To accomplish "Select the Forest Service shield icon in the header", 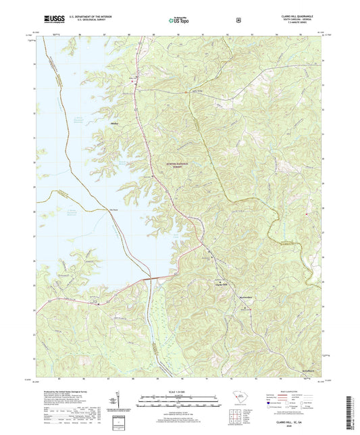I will click(x=238, y=20).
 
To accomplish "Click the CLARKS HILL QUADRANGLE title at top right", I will click(x=297, y=16).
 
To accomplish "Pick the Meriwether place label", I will click(x=245, y=297).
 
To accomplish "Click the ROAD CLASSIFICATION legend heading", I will click(x=296, y=390).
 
